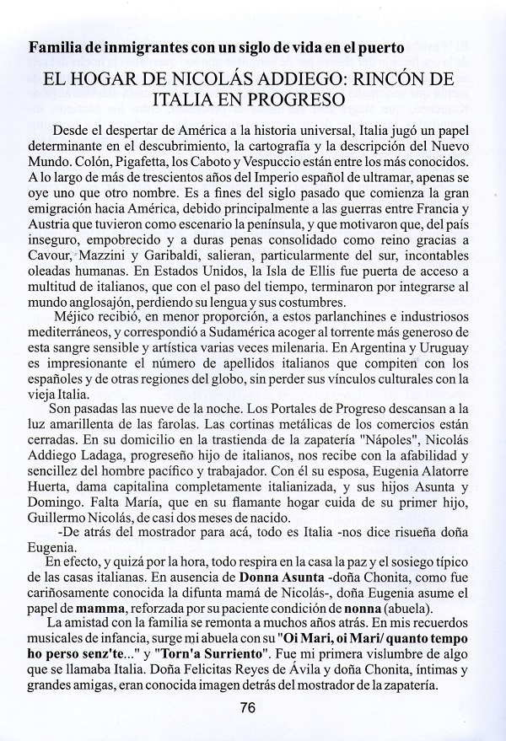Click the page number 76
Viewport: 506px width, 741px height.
click(247, 708)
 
